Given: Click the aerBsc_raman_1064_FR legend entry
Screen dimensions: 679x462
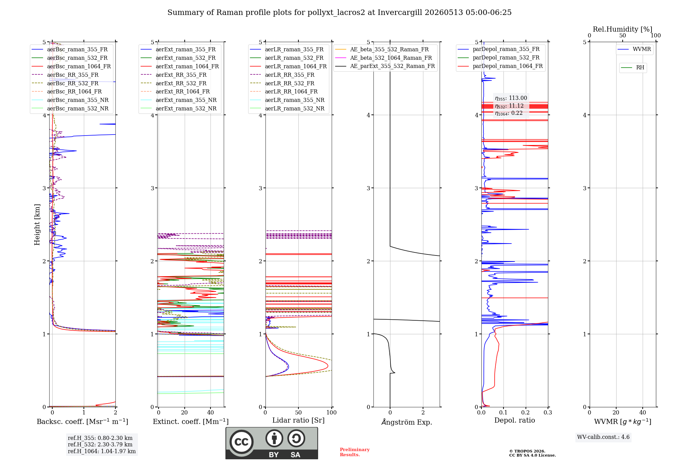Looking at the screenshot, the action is (x=71, y=66).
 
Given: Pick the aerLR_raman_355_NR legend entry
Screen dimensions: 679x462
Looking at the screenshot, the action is (x=287, y=100).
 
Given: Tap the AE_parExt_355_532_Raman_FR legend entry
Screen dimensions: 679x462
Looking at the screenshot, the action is (x=385, y=66).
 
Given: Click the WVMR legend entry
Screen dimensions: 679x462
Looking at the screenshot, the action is (x=634, y=49).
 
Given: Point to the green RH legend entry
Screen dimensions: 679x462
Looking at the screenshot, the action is (x=632, y=68).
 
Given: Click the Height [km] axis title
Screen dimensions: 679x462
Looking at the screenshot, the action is (x=37, y=225).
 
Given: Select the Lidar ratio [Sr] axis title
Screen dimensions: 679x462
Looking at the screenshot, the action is (x=298, y=420).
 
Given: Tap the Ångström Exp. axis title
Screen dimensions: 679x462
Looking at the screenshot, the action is (x=407, y=422).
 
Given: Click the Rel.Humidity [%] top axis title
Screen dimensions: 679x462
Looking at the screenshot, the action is (x=623, y=29).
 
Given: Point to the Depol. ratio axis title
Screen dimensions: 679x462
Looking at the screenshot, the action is (x=515, y=420).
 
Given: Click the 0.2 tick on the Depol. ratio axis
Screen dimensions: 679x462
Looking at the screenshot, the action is (x=526, y=412).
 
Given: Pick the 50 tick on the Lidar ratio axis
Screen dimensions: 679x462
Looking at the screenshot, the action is (x=298, y=412).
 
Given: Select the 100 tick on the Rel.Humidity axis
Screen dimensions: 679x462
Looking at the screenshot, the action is (x=656, y=35).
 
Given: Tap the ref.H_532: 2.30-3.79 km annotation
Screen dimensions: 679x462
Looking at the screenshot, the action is (x=100, y=444).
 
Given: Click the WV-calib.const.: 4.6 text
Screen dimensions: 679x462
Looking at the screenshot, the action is (x=603, y=437).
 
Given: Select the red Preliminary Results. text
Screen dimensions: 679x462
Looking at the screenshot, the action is (x=355, y=452).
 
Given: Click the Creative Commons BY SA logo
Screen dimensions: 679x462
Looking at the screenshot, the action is (x=272, y=443).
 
